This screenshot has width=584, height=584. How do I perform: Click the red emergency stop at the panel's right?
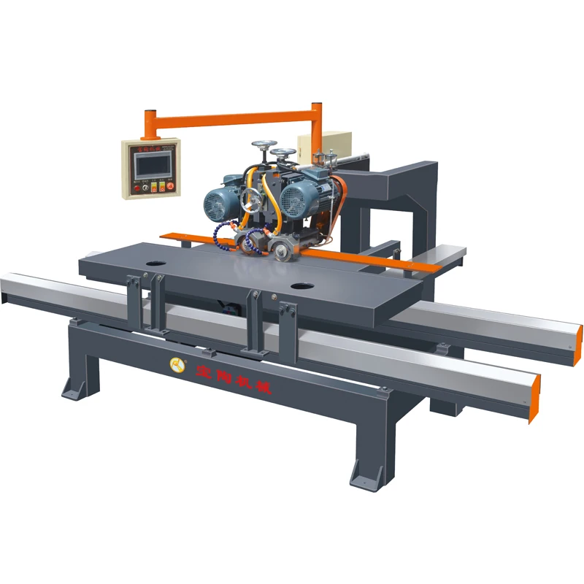(x=170, y=186)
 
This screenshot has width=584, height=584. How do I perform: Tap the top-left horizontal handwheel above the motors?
(x=261, y=147)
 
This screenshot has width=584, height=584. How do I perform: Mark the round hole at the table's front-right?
(x=299, y=285)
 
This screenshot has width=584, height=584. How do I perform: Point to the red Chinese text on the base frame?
(x=234, y=378)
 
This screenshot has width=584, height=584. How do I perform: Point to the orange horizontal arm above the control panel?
(x=234, y=116)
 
